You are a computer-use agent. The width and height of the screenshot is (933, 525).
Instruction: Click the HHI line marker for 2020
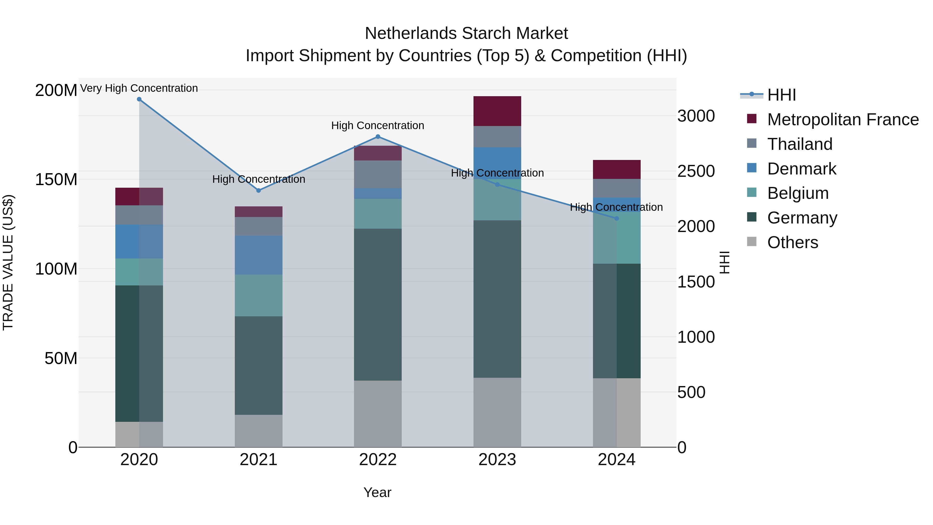coord(139,99)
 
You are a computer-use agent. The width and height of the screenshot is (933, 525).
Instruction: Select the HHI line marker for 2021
coord(259,191)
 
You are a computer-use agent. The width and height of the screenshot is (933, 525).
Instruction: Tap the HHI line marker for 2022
coord(378,137)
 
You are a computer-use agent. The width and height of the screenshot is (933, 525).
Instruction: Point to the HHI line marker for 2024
coord(617,219)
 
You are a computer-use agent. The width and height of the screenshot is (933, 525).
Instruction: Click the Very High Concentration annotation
coord(139,88)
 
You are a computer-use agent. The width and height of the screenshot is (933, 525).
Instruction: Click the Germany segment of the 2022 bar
coord(378,304)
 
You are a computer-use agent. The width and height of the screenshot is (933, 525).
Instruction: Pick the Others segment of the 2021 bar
coord(259,431)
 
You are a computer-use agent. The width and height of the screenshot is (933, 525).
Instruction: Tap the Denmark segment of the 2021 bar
coord(259,255)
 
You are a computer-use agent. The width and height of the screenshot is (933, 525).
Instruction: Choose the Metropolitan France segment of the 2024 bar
coord(617,169)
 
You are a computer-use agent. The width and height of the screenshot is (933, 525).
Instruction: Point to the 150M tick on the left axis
coord(56,179)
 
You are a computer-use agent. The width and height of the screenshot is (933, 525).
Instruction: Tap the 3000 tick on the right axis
coord(696,116)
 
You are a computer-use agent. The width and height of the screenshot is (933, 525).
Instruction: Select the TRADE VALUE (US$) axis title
coord(8,262)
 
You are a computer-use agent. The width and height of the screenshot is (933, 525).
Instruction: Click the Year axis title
coord(377,492)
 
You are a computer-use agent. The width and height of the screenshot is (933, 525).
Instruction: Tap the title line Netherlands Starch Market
coord(466,33)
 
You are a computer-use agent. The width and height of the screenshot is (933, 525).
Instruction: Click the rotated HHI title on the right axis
coord(724,262)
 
